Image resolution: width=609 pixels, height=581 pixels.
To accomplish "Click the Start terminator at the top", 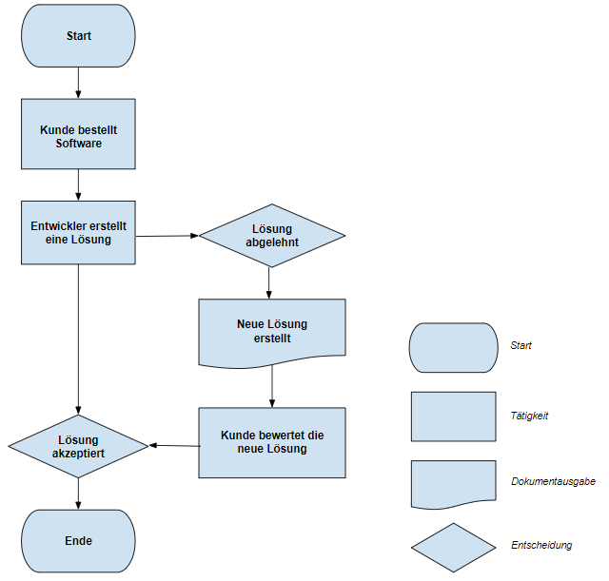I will tap(78, 36).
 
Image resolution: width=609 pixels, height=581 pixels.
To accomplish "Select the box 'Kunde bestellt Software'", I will tap(78, 134).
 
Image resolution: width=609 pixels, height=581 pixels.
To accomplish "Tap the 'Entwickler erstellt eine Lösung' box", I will tap(78, 232).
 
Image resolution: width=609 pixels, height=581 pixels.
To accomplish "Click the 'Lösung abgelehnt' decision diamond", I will tap(271, 235).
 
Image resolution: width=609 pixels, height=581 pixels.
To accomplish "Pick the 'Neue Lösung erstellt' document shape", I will tap(272, 332).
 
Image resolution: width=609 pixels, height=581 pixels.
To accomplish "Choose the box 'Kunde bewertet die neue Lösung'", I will tap(272, 442).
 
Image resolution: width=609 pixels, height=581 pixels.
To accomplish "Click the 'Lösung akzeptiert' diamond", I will tap(78, 446).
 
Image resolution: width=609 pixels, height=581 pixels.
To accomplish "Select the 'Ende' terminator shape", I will tap(78, 540).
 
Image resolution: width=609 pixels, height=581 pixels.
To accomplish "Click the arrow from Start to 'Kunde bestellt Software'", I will tap(78, 85).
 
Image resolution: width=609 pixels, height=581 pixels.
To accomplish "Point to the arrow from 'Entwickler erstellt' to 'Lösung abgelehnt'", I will tap(167, 235).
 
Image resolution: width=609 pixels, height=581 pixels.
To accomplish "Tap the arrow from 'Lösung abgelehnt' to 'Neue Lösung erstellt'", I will tap(270, 282).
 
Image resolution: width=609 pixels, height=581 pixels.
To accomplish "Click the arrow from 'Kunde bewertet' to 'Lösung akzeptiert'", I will tap(174, 445).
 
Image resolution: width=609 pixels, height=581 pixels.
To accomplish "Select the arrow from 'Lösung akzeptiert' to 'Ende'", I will tap(78, 494).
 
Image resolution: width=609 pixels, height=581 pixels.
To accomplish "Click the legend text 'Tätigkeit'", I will tap(529, 416).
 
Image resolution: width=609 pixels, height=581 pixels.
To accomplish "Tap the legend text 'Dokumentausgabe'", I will tap(552, 482).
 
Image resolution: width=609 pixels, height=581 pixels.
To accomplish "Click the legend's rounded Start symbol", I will tap(453, 347).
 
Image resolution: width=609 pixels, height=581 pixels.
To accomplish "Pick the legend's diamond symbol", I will tap(453, 548).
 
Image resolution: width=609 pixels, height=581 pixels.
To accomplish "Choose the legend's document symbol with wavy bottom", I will tap(453, 483).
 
